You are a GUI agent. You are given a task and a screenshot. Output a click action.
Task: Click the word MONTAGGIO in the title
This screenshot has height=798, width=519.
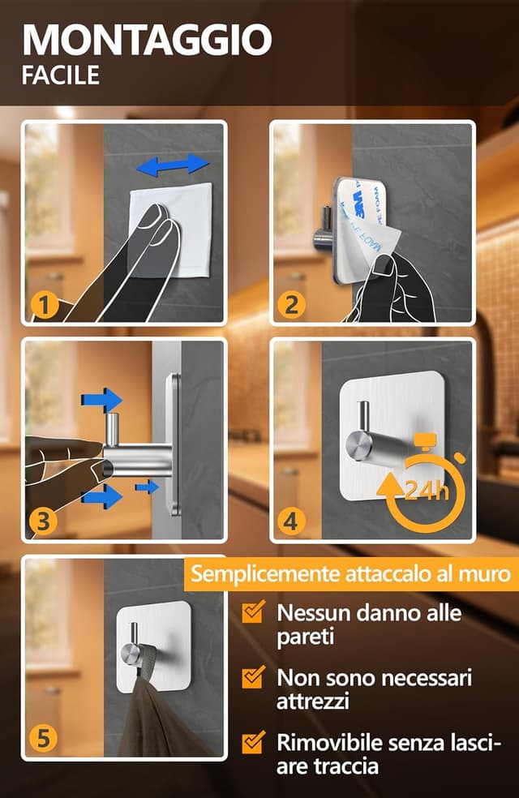(x=147, y=39)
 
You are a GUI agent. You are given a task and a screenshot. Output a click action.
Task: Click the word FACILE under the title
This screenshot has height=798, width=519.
(x=61, y=75)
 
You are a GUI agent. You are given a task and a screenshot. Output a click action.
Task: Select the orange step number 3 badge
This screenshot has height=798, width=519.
(x=43, y=522)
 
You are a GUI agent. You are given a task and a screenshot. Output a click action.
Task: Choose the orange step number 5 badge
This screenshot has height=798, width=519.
(x=43, y=739)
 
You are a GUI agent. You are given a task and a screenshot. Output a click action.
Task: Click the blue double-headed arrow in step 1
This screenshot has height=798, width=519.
(x=172, y=165)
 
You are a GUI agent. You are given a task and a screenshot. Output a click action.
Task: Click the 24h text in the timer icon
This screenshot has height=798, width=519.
(x=424, y=491)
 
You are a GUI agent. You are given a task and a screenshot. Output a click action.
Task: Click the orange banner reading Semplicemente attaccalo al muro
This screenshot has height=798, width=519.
(x=350, y=575)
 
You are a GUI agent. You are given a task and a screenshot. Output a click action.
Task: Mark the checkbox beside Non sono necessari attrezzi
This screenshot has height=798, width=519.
(x=255, y=677)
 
